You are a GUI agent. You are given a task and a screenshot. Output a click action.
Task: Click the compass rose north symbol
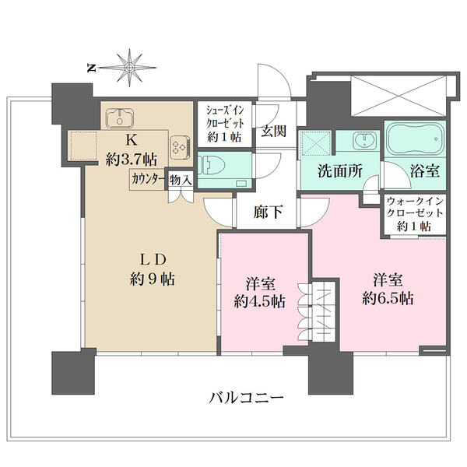pos(128,68)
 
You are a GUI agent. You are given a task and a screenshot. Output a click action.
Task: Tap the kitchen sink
pos(120,118)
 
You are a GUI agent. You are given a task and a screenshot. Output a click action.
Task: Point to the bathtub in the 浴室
pos(415,139)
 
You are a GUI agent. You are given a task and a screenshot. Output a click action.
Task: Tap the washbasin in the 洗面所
pos(364,141)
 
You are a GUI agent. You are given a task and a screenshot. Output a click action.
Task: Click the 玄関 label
pos(274,131)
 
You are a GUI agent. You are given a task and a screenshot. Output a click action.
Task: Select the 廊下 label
pos(268,212)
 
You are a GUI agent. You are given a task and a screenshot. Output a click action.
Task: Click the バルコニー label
pos(246,398)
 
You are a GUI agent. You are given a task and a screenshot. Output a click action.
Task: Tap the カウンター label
pos(148,179)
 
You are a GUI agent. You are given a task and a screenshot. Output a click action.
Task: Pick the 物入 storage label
pos(181,180)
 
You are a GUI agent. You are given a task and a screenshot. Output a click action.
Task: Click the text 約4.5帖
pos(260,301)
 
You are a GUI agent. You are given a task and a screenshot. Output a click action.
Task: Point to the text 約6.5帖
pos(388,298)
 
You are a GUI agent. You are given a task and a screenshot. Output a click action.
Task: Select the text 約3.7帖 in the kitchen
pos(132,160)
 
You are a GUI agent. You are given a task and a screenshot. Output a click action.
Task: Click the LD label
pos(153,260)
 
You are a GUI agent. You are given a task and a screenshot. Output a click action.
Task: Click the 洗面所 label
pos(340,171)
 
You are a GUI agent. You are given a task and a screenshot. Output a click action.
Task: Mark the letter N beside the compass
pos(91,68)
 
